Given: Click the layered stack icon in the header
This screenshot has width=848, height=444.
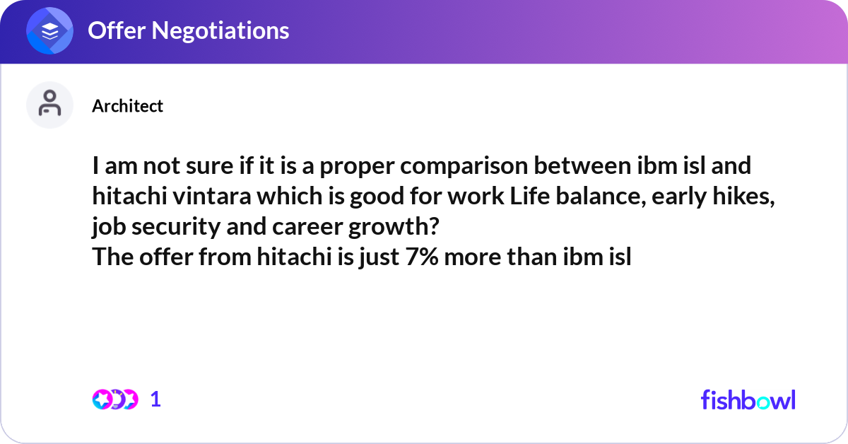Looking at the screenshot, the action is pyautogui.click(x=49, y=30).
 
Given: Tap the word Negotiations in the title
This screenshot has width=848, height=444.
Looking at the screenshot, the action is pyautogui.click(x=220, y=30).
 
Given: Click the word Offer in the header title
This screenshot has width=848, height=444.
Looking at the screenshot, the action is pyautogui.click(x=117, y=30).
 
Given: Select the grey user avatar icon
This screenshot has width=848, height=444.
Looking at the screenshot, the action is pyautogui.click(x=49, y=105).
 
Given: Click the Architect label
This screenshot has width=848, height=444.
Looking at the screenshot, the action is pyautogui.click(x=128, y=105).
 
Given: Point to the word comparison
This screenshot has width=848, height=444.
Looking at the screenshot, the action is pyautogui.click(x=464, y=167).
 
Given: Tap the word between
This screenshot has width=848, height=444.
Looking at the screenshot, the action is pyautogui.click(x=582, y=165).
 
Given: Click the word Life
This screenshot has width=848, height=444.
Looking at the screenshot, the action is pyautogui.click(x=529, y=196).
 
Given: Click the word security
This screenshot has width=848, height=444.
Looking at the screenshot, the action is pyautogui.click(x=176, y=227).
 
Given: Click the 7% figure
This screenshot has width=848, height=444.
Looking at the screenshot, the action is pyautogui.click(x=422, y=257).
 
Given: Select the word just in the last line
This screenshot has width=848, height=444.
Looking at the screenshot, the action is pyautogui.click(x=379, y=257).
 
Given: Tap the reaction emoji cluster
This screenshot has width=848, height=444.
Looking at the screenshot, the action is pyautogui.click(x=115, y=399).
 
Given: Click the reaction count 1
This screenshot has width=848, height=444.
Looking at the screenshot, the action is pyautogui.click(x=155, y=399).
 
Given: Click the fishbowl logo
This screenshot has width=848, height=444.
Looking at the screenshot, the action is pyautogui.click(x=748, y=399).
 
